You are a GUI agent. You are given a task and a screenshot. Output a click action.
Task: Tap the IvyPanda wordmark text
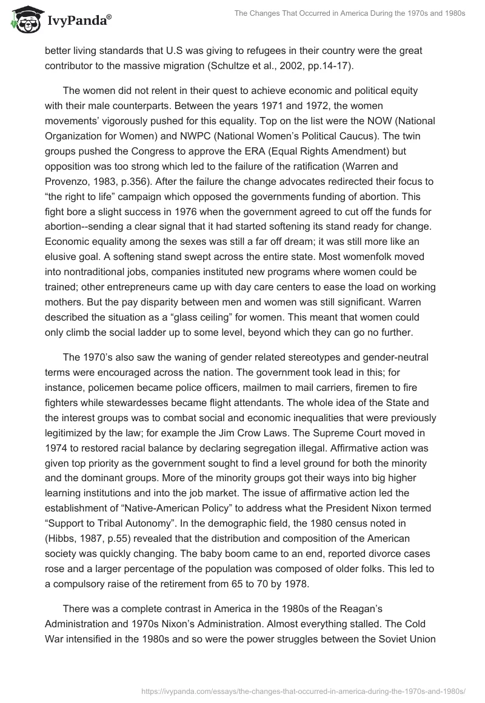click(x=78, y=22)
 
